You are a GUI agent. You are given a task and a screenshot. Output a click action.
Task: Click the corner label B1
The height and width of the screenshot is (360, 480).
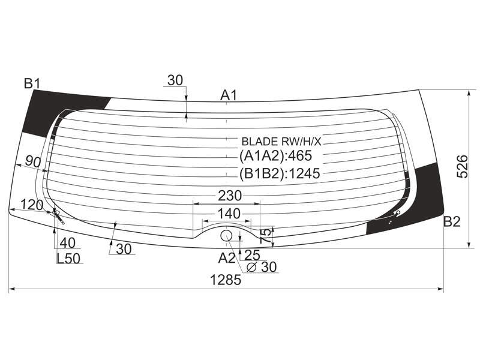pyautogui.click(x=32, y=83)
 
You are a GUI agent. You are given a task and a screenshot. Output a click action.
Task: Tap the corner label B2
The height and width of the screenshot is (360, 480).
pyautogui.click(x=452, y=221)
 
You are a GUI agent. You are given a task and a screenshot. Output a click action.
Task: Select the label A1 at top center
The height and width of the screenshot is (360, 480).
pyautogui.click(x=229, y=95)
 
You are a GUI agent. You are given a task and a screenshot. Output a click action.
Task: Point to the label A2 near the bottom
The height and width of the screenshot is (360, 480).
pyautogui.click(x=227, y=259)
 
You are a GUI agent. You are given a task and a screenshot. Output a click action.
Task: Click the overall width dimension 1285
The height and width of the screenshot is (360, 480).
pyautogui.click(x=226, y=280)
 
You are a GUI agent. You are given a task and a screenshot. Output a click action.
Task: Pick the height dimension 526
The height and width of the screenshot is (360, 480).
pyautogui.click(x=462, y=167)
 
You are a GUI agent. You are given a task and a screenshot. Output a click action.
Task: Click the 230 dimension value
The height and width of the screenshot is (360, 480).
pyautogui.click(x=230, y=196)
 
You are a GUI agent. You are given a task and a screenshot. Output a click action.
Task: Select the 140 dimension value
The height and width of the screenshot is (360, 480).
pyautogui.click(x=229, y=214)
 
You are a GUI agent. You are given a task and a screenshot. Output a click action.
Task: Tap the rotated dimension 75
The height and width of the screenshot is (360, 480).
pyautogui.click(x=266, y=236)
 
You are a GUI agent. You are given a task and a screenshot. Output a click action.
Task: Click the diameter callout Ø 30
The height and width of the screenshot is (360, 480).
pyautogui.click(x=262, y=267)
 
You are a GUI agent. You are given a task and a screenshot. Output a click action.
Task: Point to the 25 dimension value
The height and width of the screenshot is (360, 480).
pyautogui.click(x=252, y=254)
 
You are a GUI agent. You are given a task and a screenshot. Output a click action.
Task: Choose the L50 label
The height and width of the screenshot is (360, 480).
pyautogui.click(x=68, y=259)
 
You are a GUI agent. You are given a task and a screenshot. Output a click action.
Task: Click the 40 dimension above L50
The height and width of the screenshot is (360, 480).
pyautogui.click(x=67, y=243)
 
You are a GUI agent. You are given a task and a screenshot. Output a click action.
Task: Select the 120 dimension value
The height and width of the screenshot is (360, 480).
pyautogui.click(x=32, y=205)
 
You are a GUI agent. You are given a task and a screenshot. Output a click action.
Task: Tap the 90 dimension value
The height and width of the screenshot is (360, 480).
pyautogui.click(x=33, y=161)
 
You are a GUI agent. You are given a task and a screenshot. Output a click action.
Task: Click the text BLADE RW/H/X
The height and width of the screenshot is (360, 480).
pyautogui.click(x=281, y=142)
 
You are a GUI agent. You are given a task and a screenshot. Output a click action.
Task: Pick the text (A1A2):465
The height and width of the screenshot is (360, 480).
pyautogui.click(x=275, y=156)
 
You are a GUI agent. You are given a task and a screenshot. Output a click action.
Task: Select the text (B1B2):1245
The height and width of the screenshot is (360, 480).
pyautogui.click(x=280, y=173)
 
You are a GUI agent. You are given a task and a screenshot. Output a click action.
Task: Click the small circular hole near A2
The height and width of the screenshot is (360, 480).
pyautogui.click(x=227, y=236)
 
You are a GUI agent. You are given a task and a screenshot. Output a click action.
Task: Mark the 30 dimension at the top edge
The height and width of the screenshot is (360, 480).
pyautogui.click(x=175, y=80)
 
